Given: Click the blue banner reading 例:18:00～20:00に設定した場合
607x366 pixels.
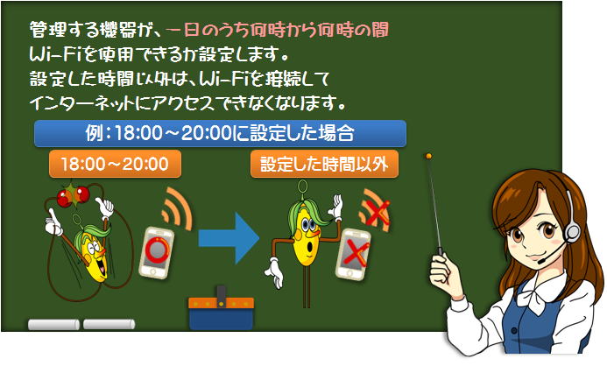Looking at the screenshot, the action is point(220,133).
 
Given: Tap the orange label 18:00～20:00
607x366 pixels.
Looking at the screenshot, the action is point(115,164).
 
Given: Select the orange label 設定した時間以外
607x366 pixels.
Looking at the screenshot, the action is point(324,164).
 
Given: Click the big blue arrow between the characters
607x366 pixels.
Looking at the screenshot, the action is point(229,238).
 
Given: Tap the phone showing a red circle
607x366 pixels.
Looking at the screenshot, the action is point(157,252).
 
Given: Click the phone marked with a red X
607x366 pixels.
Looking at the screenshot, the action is point(353,254).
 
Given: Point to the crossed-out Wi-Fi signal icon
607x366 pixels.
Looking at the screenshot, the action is point(375,211).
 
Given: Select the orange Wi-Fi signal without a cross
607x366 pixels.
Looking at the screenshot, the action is point(177,208).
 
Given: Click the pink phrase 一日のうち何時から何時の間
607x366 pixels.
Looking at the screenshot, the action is point(278,30).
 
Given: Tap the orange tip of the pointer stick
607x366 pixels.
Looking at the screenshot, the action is point(428,157).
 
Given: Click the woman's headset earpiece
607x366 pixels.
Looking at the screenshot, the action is point(572,231).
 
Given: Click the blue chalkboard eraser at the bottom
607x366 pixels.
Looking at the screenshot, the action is point(221,309).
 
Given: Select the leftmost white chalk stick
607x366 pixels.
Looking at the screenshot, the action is point(53,325).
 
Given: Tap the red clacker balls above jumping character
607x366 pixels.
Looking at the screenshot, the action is point(74,196).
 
